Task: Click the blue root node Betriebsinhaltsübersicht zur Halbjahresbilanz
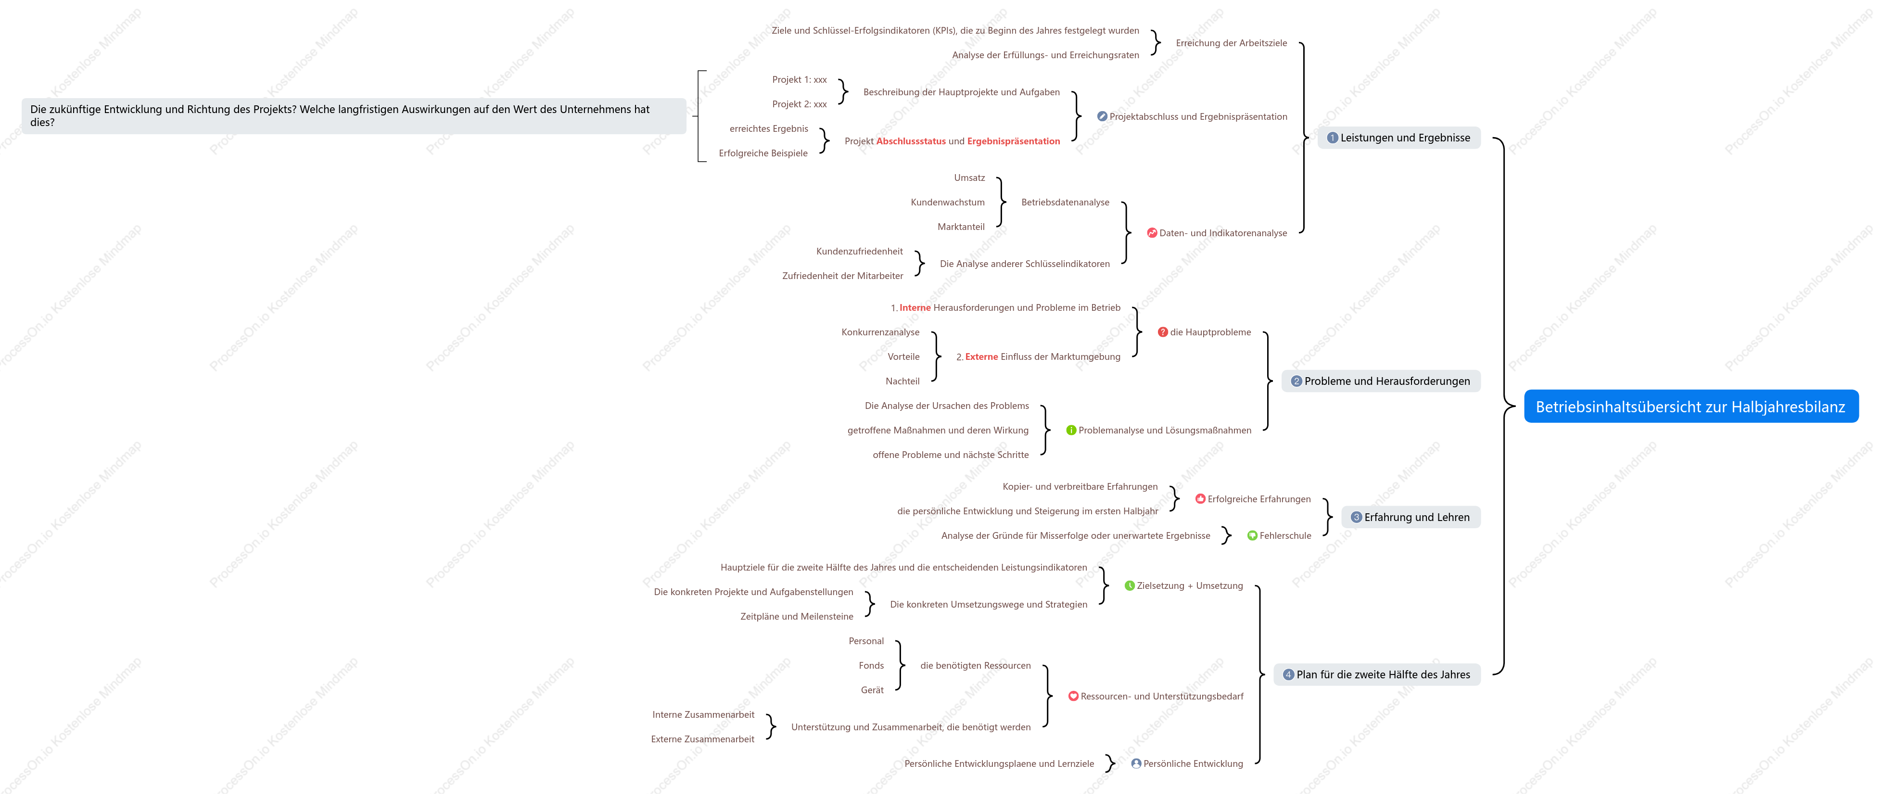[x=1691, y=407]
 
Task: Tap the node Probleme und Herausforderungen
[x=1381, y=381]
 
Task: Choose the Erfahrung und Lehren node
[x=1411, y=517]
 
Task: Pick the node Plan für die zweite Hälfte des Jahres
[x=1377, y=674]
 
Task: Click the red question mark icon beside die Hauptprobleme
[x=1162, y=332]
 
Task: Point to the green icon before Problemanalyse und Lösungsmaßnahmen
[x=1071, y=430]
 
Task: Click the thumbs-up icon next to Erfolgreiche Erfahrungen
[x=1200, y=499]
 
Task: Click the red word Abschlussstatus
[x=911, y=141]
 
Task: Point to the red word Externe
[x=981, y=357]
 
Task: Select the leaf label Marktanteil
[x=961, y=227]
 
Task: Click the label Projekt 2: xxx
[x=800, y=104]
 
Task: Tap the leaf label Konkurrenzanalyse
[x=881, y=332]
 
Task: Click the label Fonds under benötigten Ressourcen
[x=871, y=666]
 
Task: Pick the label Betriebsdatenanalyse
[x=1066, y=202]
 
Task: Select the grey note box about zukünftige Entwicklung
[x=354, y=116]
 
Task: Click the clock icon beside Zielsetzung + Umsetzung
[x=1130, y=585]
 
